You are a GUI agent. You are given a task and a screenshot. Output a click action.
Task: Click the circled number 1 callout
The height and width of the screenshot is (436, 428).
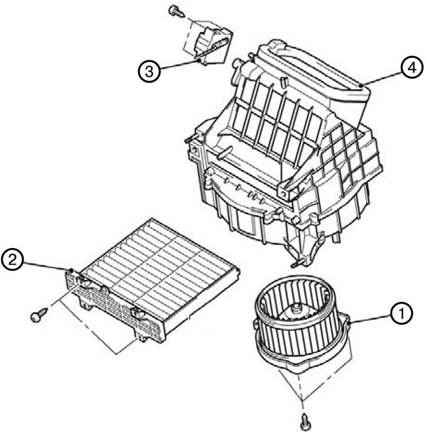[x=401, y=314]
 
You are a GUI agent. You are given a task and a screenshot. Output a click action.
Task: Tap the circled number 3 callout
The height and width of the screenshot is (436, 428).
[x=149, y=71]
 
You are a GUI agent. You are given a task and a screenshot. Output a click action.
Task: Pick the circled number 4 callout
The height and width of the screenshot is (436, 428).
[x=412, y=67]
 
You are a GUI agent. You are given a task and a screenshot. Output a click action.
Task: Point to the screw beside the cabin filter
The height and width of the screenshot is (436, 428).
[x=39, y=315]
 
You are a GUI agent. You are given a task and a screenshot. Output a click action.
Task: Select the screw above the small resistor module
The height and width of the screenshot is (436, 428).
[x=176, y=11]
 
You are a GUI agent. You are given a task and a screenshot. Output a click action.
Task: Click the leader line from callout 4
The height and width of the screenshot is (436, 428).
[x=381, y=78]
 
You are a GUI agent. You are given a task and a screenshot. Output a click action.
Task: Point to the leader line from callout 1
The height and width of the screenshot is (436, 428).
[x=370, y=318]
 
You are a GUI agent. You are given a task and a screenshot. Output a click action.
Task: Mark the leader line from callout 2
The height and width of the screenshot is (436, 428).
[x=47, y=265]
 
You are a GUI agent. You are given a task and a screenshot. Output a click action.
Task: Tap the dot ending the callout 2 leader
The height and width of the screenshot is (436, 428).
[x=71, y=270]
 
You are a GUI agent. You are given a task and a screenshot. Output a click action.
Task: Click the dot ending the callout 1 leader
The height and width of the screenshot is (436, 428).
[x=349, y=323]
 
